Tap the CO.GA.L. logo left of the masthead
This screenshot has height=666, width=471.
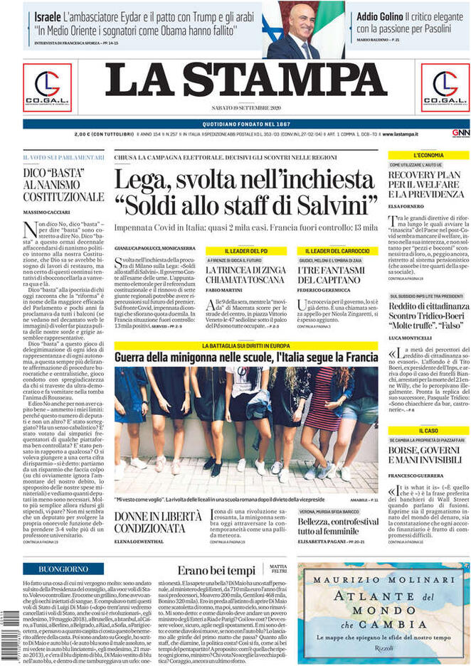tap(47, 87)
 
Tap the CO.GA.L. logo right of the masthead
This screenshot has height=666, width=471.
tap(445, 87)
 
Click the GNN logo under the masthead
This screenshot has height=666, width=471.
tap(460, 133)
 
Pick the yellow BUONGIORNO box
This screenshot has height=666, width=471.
tap(63, 569)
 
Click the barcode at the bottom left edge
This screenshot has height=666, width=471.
tap(6, 633)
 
